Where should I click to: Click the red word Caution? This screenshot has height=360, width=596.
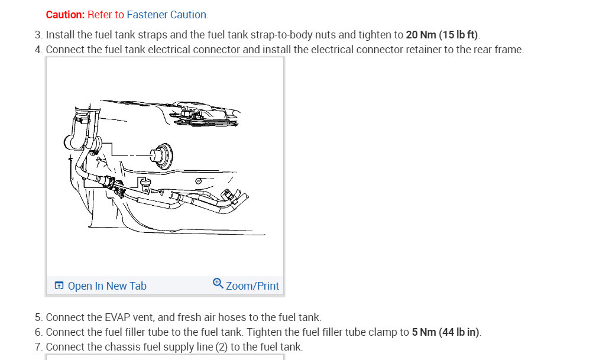coord(65,15)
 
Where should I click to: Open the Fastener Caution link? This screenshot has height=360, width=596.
coord(167,15)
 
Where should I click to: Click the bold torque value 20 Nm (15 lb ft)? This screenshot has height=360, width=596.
coord(442,35)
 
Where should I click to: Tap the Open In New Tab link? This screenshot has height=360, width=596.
coord(107,286)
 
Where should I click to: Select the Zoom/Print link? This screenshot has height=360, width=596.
coord(252,286)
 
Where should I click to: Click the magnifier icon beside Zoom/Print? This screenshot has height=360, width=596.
coord(218,283)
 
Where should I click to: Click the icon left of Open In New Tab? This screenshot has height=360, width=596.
coord(59,286)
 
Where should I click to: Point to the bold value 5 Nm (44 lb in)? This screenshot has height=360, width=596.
coord(445,332)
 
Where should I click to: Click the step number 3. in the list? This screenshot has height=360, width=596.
coord(38,35)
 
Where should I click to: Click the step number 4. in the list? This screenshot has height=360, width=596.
coord(38,50)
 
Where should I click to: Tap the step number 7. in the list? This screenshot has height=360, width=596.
coord(38,347)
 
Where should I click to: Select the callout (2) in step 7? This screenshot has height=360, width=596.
coord(222,347)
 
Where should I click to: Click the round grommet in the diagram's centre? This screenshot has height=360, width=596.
coord(161,155)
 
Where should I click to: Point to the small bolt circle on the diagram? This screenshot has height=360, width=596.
coord(198,181)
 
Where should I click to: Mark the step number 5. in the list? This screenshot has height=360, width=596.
coord(38,317)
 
